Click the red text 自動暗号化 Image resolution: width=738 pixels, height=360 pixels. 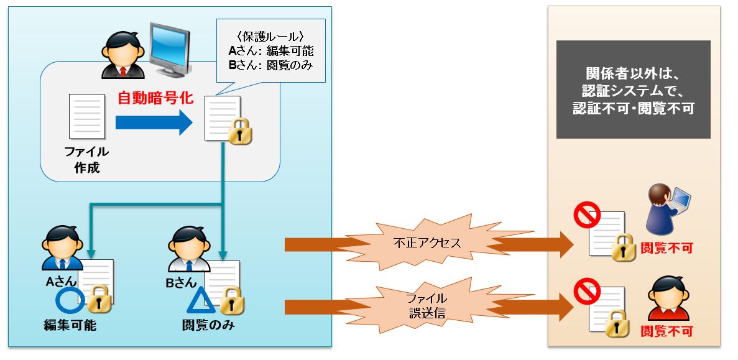[x=155, y=98]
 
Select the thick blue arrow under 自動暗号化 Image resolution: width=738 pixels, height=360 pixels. [x=154, y=123]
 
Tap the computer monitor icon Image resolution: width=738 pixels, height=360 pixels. [x=170, y=50]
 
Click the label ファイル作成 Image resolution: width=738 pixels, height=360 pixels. [x=87, y=160]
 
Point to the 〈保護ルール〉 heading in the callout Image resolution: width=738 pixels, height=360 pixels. [x=270, y=36]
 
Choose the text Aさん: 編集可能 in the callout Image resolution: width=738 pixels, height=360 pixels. [x=270, y=51]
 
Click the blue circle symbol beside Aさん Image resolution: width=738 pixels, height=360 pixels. [x=70, y=301]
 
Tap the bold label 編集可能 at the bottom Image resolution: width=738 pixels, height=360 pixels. [x=70, y=325]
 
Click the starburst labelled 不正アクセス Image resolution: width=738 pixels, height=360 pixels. [x=427, y=243]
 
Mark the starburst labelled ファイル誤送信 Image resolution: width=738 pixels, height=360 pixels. [x=427, y=305]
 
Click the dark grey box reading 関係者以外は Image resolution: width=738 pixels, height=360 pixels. [x=633, y=90]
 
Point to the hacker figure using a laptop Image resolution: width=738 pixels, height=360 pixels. [x=666, y=208]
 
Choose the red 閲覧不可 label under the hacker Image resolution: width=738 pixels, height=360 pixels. [x=667, y=248]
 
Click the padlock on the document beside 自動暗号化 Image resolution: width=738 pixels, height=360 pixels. [x=240, y=131]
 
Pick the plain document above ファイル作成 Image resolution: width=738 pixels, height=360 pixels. [x=87, y=116]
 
